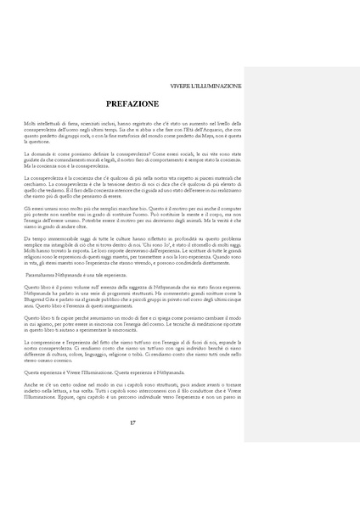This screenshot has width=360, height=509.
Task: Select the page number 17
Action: (132, 445)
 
